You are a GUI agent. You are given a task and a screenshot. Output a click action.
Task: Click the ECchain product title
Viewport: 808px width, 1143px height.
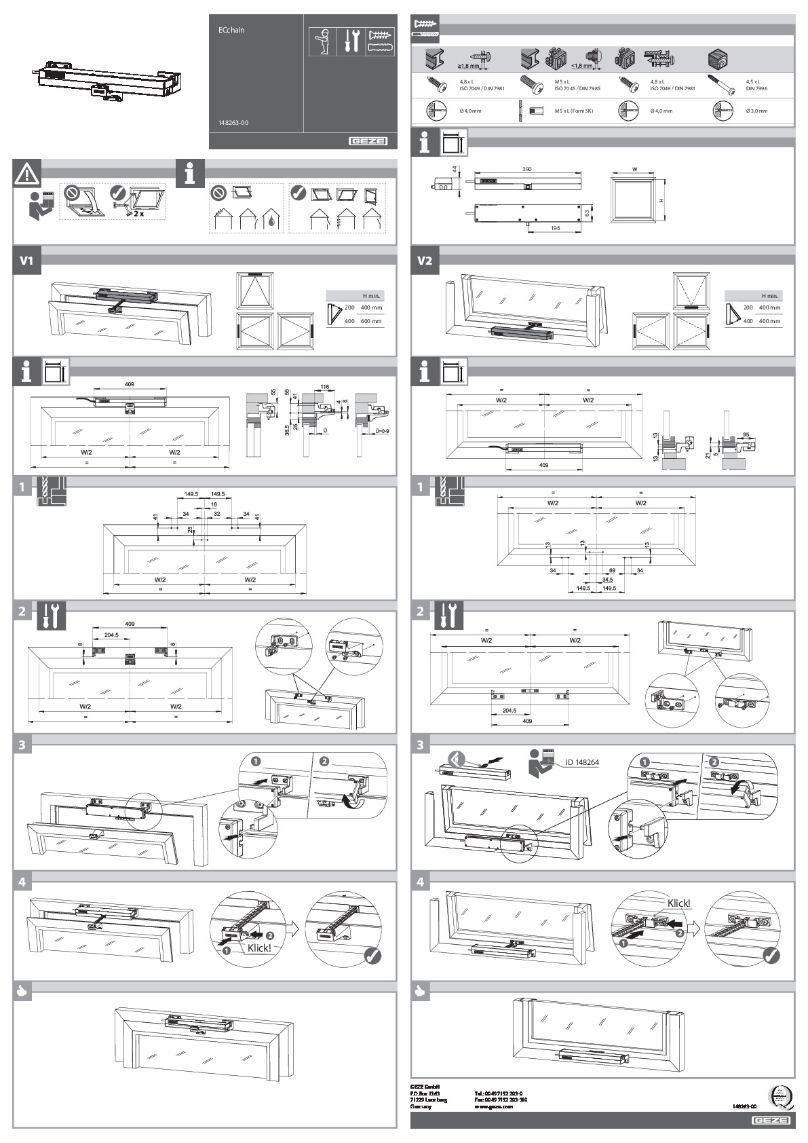(x=231, y=30)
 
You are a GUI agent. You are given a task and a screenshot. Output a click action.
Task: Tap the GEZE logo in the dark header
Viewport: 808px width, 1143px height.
(x=368, y=141)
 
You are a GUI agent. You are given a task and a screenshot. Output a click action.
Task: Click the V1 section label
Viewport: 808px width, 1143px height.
(x=27, y=260)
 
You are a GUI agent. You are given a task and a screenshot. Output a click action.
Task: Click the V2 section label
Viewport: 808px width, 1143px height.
(x=425, y=260)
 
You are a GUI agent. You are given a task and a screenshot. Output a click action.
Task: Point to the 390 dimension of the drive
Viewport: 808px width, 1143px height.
(x=526, y=169)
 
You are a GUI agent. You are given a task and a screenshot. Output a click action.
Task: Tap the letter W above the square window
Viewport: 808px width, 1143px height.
(x=635, y=170)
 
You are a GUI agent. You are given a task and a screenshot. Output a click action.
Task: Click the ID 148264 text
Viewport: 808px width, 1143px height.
(x=581, y=762)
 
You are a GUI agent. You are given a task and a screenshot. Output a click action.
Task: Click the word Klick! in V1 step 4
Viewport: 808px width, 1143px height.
(x=259, y=948)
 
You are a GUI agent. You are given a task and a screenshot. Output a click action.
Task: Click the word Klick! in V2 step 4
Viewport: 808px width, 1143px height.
(x=678, y=903)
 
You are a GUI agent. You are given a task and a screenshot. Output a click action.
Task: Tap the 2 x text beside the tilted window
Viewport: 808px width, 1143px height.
(x=138, y=213)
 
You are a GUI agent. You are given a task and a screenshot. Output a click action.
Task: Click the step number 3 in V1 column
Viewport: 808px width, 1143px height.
(x=22, y=745)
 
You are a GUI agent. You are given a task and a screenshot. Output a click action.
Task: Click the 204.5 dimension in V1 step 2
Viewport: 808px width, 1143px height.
(x=111, y=635)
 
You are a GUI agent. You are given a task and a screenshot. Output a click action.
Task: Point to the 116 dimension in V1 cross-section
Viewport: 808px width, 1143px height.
(x=325, y=386)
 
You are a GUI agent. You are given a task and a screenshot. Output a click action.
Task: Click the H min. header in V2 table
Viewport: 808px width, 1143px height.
(x=769, y=296)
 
